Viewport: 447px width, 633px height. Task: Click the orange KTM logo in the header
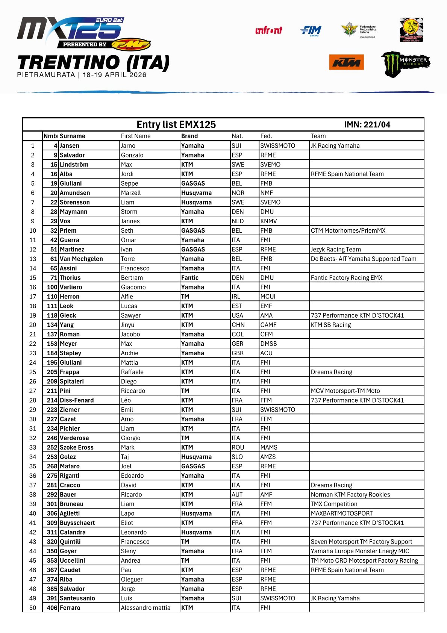(346, 62)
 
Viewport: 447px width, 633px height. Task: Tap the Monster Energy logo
(405, 64)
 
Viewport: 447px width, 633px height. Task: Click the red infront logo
(268, 30)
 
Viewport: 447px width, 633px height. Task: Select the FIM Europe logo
(311, 30)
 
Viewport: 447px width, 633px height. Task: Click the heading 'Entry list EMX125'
(176, 124)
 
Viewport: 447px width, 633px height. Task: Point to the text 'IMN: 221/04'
(367, 124)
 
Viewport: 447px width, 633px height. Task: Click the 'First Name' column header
(136, 136)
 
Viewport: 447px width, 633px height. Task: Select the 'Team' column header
(318, 136)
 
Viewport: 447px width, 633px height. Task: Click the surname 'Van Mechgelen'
(81, 259)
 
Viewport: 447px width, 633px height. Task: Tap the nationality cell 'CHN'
(238, 325)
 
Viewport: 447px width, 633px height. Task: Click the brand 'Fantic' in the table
(190, 278)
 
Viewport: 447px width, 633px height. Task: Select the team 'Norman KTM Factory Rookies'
(350, 494)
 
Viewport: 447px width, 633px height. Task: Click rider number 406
(52, 607)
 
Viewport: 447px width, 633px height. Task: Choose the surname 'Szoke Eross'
(77, 447)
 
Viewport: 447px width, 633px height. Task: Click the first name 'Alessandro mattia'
(145, 607)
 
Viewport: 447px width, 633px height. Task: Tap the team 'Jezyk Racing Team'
(336, 249)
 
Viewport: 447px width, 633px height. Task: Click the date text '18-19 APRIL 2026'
(114, 75)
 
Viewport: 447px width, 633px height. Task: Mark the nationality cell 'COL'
(238, 334)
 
